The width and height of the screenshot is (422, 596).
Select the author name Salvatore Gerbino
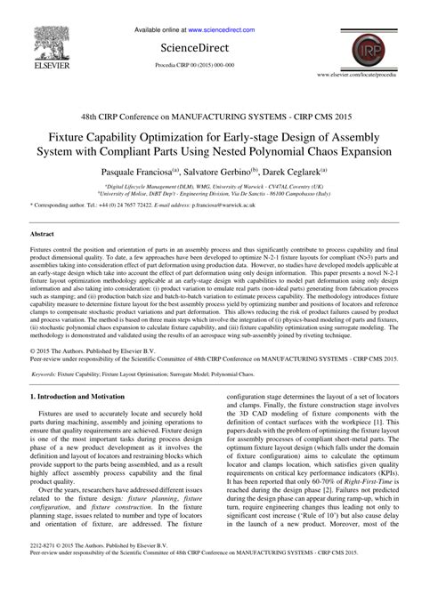click(x=219, y=169)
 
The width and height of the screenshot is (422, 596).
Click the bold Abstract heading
click(x=45, y=234)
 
